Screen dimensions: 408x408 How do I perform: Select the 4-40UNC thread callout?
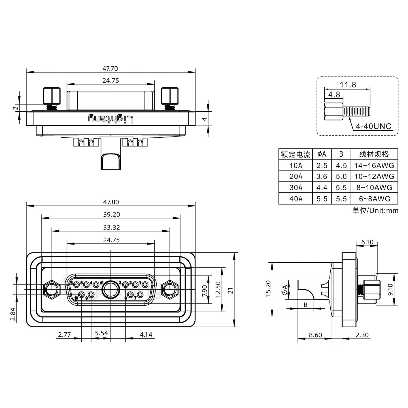[x=373, y=126]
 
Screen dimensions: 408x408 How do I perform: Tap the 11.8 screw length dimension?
[x=348, y=84]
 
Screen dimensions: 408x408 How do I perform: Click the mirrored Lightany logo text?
[x=110, y=119]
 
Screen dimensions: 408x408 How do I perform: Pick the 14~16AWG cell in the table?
[x=374, y=165]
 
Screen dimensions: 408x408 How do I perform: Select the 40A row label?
[x=296, y=199]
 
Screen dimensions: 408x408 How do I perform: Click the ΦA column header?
[x=322, y=154]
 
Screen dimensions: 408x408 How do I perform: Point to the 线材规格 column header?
[x=374, y=154]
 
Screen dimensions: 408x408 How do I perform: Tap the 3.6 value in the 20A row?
[x=322, y=177]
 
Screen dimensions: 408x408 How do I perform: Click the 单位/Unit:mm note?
[x=375, y=210]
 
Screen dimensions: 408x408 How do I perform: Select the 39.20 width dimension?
[x=111, y=214]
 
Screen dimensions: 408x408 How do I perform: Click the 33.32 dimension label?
[x=111, y=227]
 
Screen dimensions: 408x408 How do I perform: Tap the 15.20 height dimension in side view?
[x=268, y=288]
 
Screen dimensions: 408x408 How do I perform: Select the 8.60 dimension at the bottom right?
[x=315, y=335]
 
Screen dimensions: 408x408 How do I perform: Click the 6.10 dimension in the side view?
[x=367, y=242]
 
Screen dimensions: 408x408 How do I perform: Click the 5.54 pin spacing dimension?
[x=101, y=333]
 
